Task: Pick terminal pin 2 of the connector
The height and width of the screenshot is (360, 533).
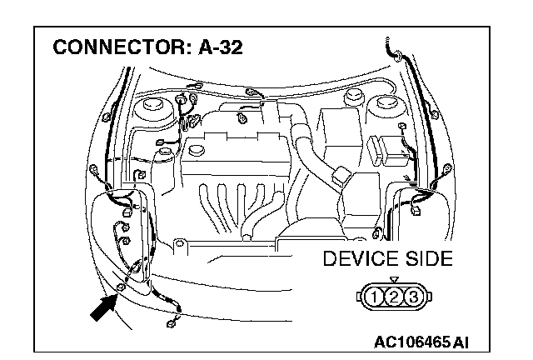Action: click(x=394, y=295)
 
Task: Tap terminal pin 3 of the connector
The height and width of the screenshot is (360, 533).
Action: click(x=410, y=295)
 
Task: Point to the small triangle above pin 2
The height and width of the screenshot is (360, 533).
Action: click(x=394, y=280)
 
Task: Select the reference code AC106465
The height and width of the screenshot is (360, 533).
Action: click(x=409, y=342)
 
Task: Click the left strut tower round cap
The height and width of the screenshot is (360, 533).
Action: click(x=154, y=107)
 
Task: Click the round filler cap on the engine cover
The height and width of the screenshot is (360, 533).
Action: click(x=197, y=150)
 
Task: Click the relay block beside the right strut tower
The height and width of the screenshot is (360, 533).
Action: click(x=386, y=150)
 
